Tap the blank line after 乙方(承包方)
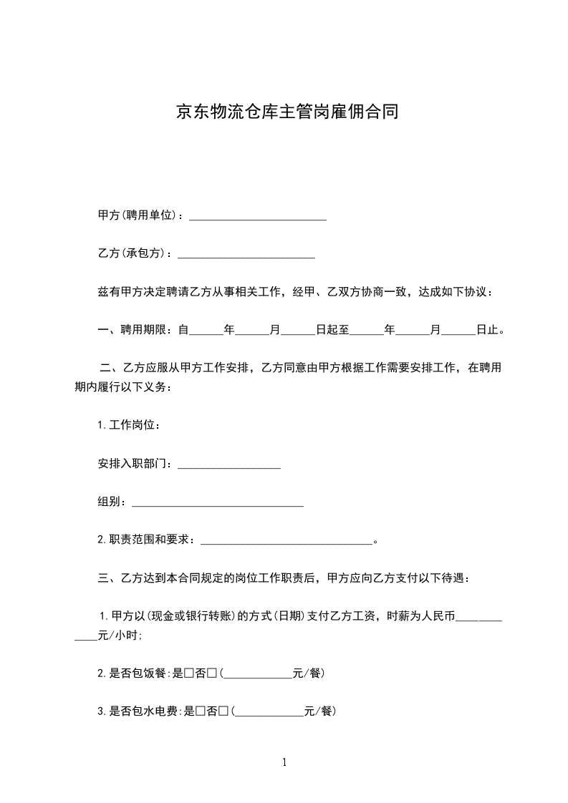click(x=246, y=253)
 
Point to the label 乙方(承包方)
click(x=135, y=253)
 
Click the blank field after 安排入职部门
click(x=228, y=464)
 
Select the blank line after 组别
click(x=218, y=502)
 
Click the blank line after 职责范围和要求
click(x=287, y=540)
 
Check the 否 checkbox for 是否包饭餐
click(x=212, y=673)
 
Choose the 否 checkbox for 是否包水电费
click(x=223, y=711)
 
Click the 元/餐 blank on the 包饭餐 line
click(x=259, y=675)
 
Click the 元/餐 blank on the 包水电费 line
click(x=269, y=713)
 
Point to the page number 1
click(x=284, y=763)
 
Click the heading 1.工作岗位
click(x=128, y=426)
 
